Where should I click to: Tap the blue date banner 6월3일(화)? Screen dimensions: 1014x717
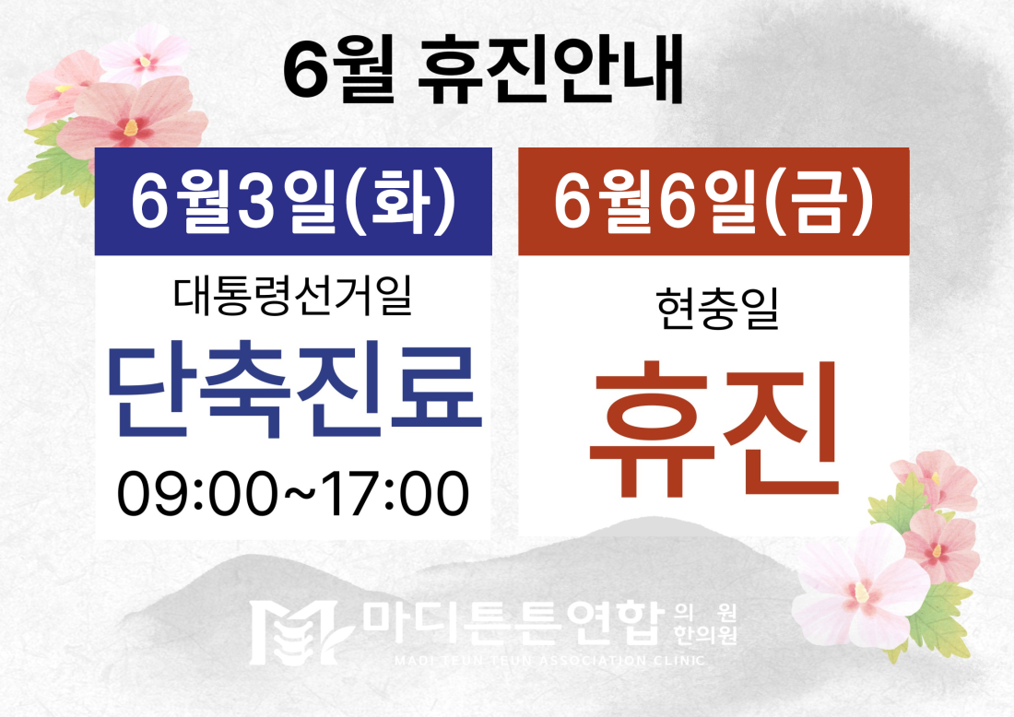293,201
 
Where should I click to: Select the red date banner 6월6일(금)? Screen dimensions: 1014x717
713,201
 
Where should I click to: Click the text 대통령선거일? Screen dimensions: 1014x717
292,296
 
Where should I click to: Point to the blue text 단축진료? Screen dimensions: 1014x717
295,392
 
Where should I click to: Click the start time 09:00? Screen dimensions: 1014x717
199,493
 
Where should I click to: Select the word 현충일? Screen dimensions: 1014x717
717,309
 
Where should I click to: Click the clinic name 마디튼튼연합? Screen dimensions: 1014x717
513,624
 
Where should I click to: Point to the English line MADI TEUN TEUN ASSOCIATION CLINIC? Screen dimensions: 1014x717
549,661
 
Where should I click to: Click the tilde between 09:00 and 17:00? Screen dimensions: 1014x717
301,493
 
